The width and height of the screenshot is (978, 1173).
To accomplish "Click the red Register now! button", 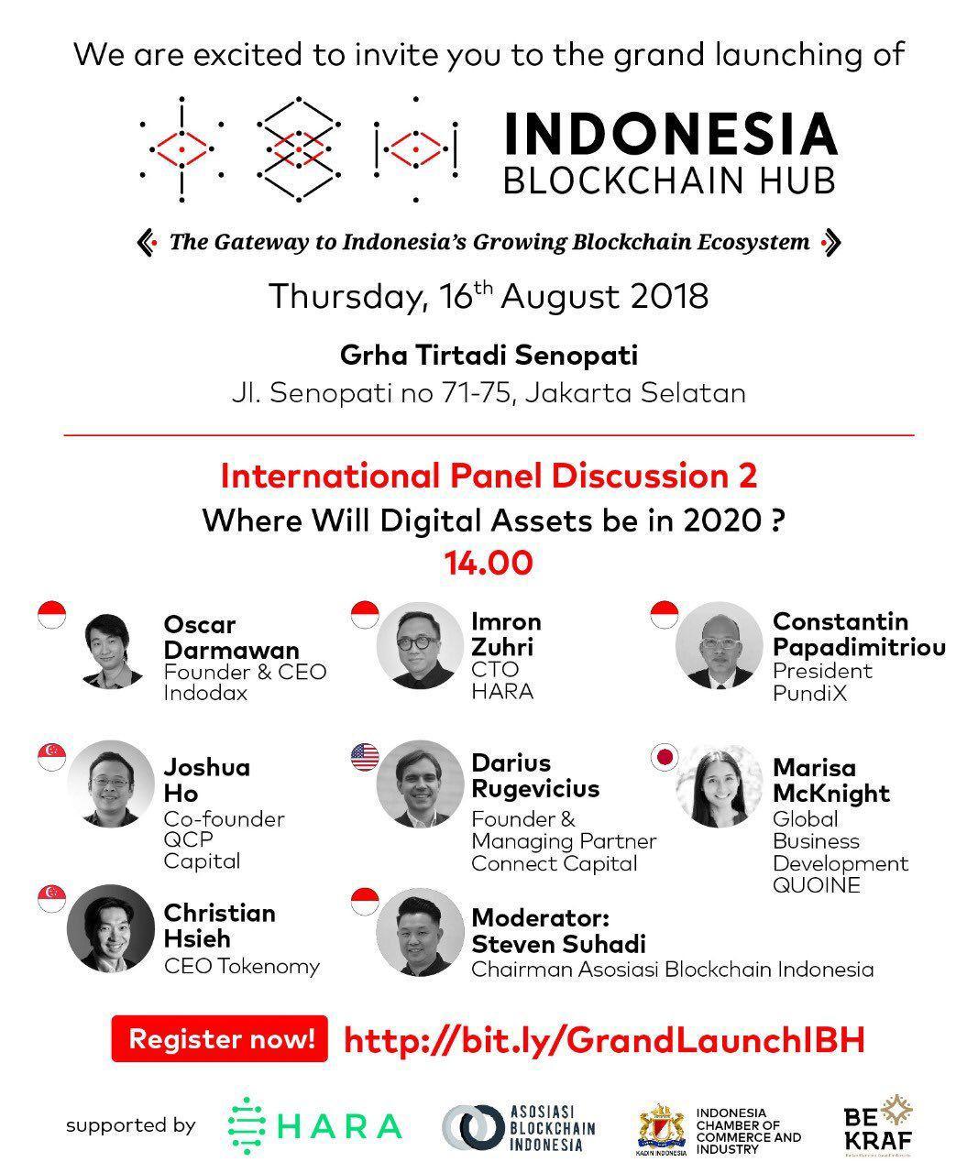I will click(220, 1039).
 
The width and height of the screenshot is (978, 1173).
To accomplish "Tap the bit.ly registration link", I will click(604, 1039).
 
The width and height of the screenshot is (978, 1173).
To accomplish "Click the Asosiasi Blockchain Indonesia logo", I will click(519, 1126).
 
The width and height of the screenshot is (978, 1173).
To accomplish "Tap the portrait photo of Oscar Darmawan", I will click(111, 652).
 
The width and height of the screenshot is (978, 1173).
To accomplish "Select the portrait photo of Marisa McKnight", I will click(719, 784).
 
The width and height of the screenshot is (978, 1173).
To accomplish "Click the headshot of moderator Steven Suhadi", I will click(419, 931).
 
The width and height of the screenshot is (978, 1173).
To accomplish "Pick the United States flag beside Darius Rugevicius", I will click(365, 757).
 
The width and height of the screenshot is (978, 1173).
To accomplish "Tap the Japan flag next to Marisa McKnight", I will click(664, 757).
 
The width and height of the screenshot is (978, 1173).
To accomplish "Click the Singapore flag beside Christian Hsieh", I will click(51, 899).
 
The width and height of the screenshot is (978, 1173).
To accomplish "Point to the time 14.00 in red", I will click(489, 563).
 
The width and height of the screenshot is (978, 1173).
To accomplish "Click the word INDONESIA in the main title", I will click(671, 134).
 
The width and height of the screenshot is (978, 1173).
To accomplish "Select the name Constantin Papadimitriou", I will click(859, 634).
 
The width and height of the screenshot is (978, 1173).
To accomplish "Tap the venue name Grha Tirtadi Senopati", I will click(489, 355).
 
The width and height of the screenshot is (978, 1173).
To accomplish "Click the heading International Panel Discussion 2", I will click(489, 477).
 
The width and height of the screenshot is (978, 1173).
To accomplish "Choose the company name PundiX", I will click(809, 694).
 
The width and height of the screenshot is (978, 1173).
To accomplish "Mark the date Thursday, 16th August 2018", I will click(489, 297).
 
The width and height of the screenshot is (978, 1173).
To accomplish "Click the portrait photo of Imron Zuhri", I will click(419, 645).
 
